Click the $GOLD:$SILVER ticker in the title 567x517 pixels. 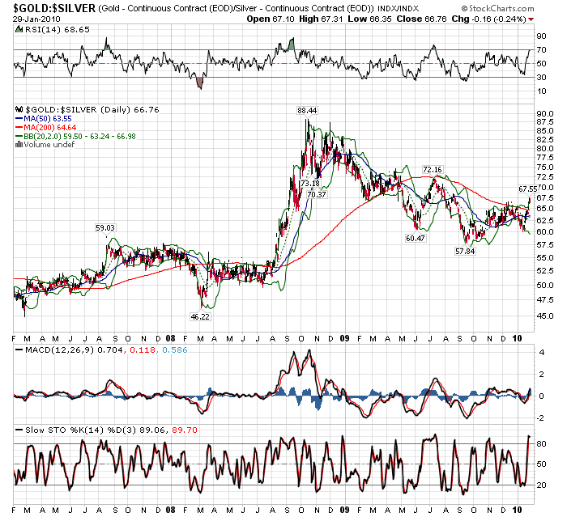tap(50, 7)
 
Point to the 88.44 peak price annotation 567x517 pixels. tap(307, 109)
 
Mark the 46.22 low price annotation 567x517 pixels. tap(200, 317)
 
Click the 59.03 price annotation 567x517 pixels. tap(106, 227)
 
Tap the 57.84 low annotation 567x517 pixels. tap(464, 251)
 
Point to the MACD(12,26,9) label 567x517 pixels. tap(50, 350)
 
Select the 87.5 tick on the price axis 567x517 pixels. tap(545, 121)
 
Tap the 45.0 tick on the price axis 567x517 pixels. tap(545, 316)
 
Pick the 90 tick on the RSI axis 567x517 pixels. tap(540, 36)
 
